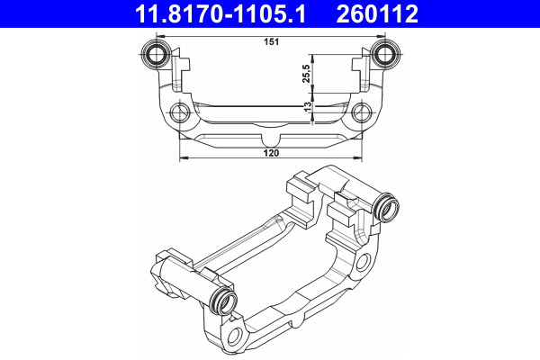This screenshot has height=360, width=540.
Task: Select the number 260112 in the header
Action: [x=390, y=13]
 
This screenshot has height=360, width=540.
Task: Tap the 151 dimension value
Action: [x=270, y=41]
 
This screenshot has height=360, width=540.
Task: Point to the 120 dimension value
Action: [x=270, y=154]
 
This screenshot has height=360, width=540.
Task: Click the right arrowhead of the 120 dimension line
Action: [x=360, y=158]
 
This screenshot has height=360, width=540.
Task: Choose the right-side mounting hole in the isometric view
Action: [x=365, y=262]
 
